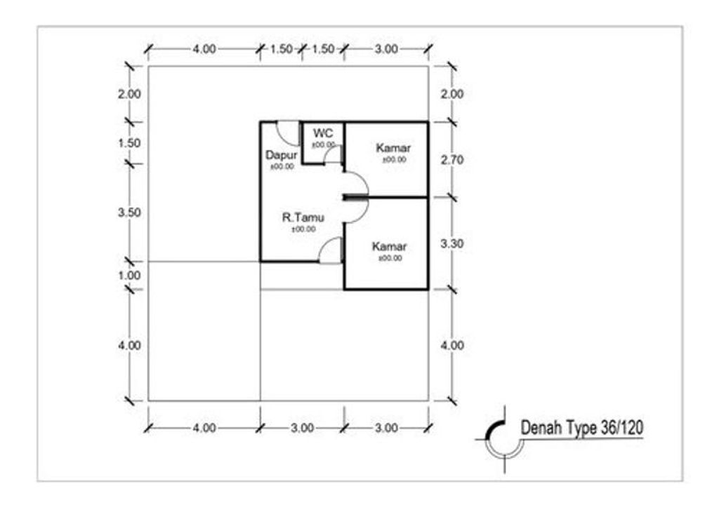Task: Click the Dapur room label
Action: pyautogui.click(x=281, y=155)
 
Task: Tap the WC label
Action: pyautogui.click(x=323, y=133)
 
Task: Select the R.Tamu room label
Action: pyautogui.click(x=303, y=217)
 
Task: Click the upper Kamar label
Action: pyautogui.click(x=393, y=148)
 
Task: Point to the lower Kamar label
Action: pyautogui.click(x=389, y=246)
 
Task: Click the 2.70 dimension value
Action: pyautogui.click(x=452, y=160)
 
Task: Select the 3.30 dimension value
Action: pyautogui.click(x=452, y=243)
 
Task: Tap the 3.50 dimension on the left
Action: pyautogui.click(x=129, y=212)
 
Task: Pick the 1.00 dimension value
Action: pyautogui.click(x=129, y=276)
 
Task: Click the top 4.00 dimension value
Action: pyautogui.click(x=204, y=49)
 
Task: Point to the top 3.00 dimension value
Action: pyautogui.click(x=386, y=49)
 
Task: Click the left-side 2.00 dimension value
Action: pyautogui.click(x=129, y=94)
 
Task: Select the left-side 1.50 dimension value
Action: pyautogui.click(x=129, y=143)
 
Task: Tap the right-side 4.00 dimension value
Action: pyautogui.click(x=452, y=345)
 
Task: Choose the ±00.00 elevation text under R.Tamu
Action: pyautogui.click(x=303, y=229)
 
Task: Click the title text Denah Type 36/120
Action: pyautogui.click(x=582, y=428)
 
